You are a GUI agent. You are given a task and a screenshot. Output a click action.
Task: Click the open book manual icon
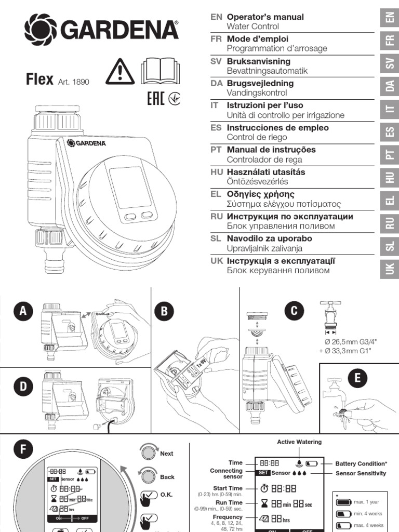[x=159, y=72]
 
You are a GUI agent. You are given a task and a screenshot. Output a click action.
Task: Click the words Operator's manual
[x=265, y=17]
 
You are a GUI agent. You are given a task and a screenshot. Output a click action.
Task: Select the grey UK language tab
[x=390, y=268]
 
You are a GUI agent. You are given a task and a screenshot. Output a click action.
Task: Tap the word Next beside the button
[x=167, y=454]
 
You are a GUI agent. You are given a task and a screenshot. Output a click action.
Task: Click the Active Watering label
[x=299, y=442]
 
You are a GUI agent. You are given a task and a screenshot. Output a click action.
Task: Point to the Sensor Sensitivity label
[x=361, y=473]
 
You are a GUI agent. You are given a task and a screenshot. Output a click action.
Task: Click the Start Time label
[x=228, y=488]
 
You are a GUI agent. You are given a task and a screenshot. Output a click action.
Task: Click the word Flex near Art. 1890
[x=39, y=79]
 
